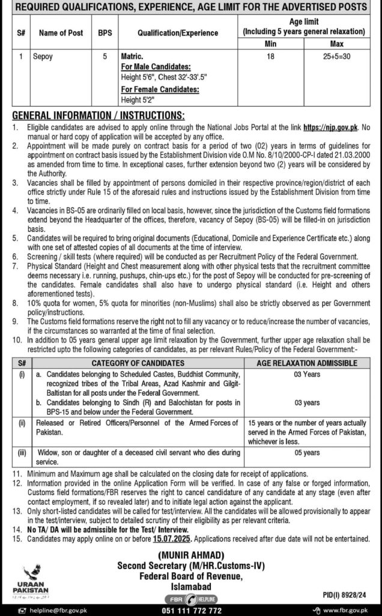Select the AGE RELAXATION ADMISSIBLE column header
pos(306,363)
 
